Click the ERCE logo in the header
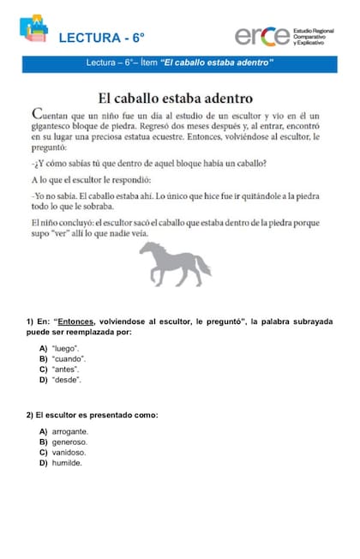(x=262, y=35)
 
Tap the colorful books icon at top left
(x=34, y=31)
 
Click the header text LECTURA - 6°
(x=102, y=38)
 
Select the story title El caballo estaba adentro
(x=180, y=95)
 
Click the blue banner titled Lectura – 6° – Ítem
(x=180, y=63)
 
